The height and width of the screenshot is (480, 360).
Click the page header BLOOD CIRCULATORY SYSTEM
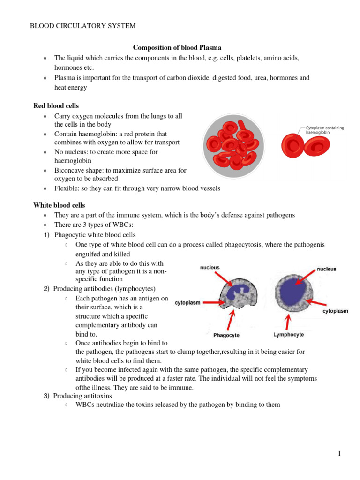[x=83, y=26]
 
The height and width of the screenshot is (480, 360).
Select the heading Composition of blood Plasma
[x=177, y=48]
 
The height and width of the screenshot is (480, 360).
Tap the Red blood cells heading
[x=56, y=106]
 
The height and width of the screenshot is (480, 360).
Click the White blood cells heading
[x=59, y=205]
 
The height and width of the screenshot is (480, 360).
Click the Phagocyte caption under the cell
[x=226, y=335]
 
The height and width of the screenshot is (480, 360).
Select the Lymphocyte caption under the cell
[x=288, y=335]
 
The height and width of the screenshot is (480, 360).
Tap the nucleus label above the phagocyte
[x=210, y=268]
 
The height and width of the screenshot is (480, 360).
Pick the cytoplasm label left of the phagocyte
[x=187, y=303]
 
